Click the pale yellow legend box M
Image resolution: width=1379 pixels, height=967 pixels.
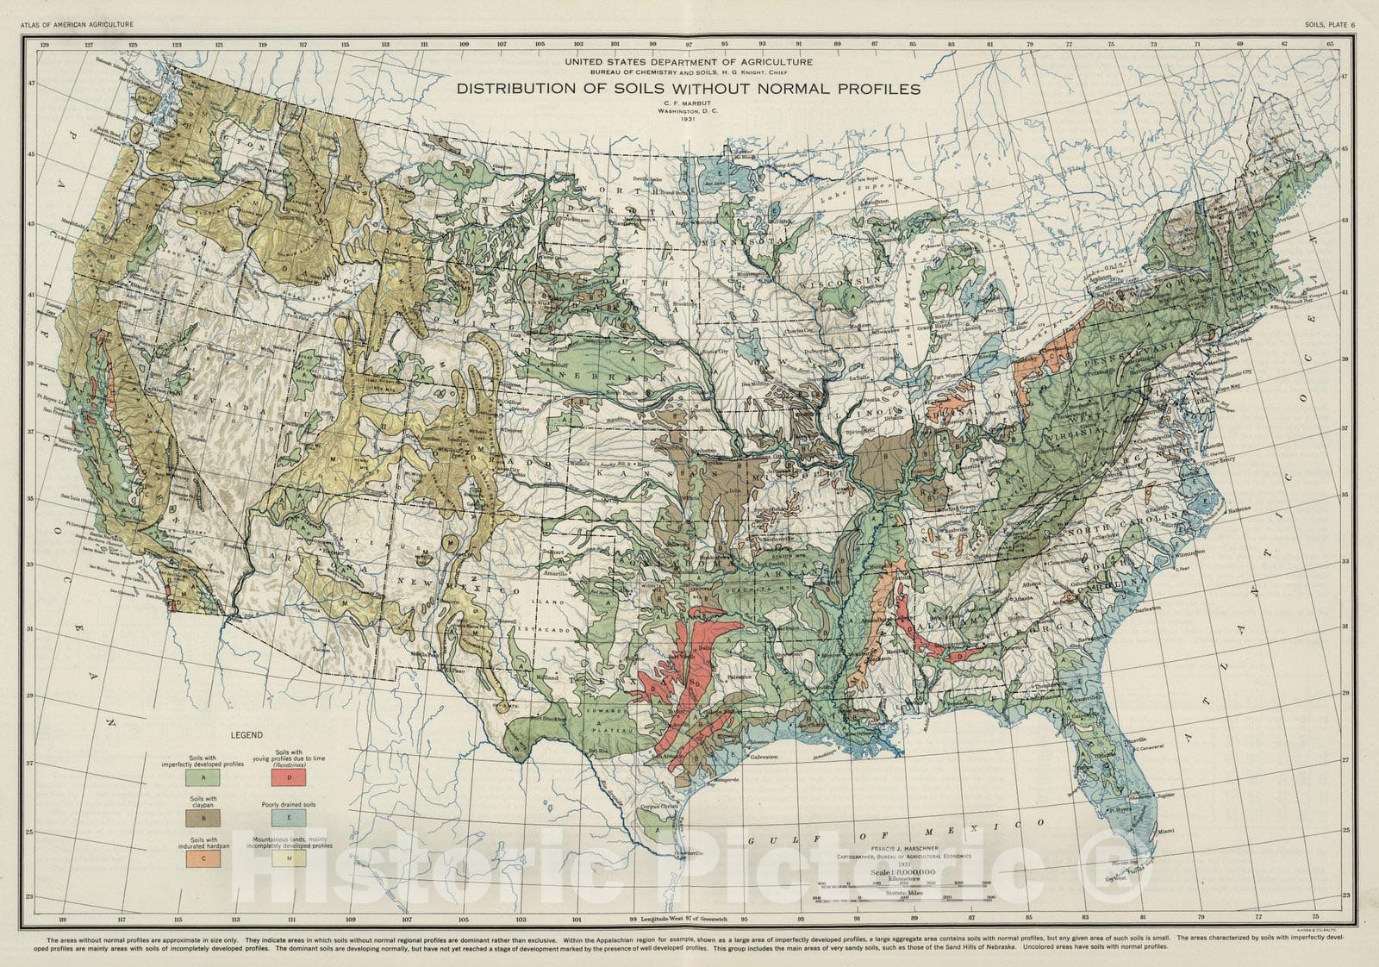click(289, 858)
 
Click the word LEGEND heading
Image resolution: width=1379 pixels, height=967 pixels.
click(246, 735)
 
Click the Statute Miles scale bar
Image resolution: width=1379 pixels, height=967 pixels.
click(901, 901)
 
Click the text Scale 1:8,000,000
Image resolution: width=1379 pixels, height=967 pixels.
click(901, 873)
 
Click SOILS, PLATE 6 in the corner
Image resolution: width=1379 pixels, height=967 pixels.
click(1329, 24)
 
